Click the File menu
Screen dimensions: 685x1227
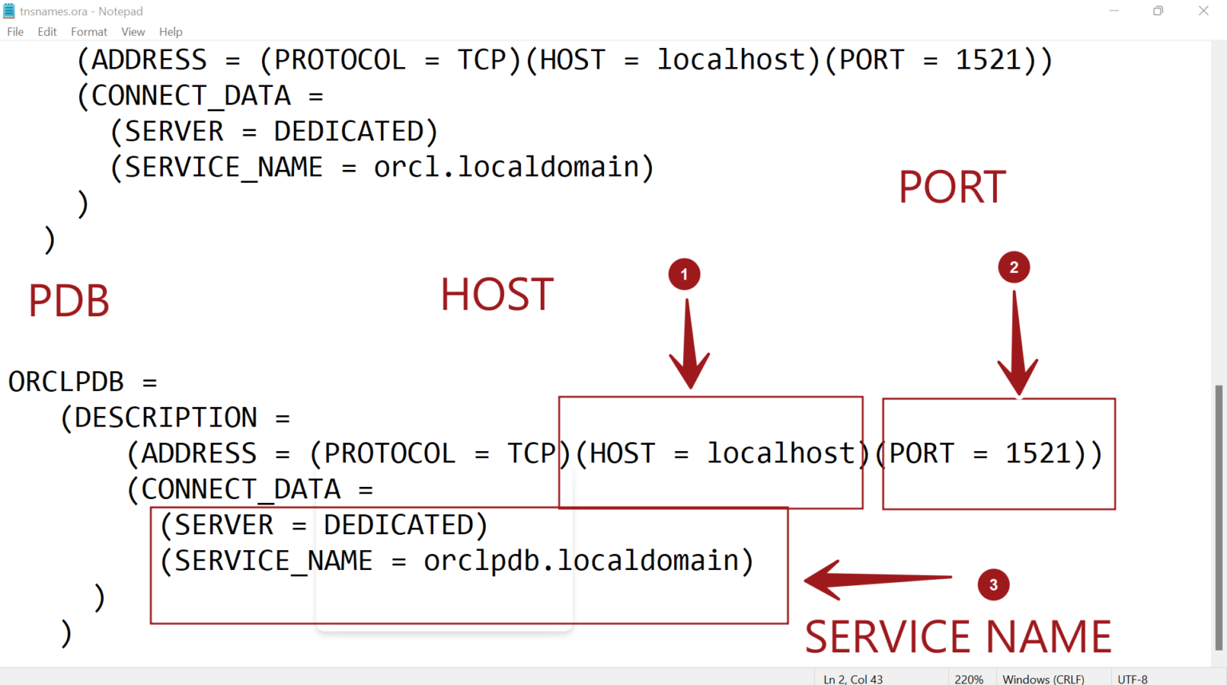(x=15, y=32)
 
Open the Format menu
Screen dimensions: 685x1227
(x=89, y=32)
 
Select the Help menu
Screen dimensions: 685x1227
(x=170, y=32)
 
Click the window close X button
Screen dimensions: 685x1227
(x=1203, y=11)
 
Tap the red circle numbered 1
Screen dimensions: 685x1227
(x=684, y=275)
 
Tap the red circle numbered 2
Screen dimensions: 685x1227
(x=1014, y=267)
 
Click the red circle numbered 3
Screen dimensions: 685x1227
(x=993, y=585)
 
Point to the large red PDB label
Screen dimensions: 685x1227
(x=69, y=302)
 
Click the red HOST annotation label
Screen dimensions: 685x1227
(x=497, y=295)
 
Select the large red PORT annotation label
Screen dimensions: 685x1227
(x=952, y=188)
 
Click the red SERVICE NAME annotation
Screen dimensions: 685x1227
(x=957, y=637)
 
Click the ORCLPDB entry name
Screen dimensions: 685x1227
(x=66, y=382)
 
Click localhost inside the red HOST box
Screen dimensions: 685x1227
(x=780, y=453)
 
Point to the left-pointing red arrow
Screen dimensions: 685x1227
(x=877, y=580)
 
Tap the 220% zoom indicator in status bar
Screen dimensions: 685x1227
(x=968, y=679)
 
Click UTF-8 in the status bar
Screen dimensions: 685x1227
(x=1132, y=679)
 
